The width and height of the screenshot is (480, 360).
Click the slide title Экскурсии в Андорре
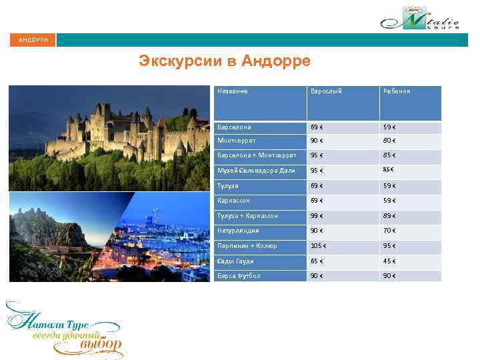coord(225,62)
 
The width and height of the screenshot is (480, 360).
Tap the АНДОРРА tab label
coord(33,40)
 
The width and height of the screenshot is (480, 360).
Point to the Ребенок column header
coord(396,91)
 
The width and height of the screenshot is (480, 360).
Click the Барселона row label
coord(233,127)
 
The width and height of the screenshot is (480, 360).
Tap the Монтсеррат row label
coord(236,141)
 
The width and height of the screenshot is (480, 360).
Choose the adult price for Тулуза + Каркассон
coord(317,216)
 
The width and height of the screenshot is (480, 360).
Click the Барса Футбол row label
coord(239,275)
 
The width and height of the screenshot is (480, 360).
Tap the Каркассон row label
coord(233,201)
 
